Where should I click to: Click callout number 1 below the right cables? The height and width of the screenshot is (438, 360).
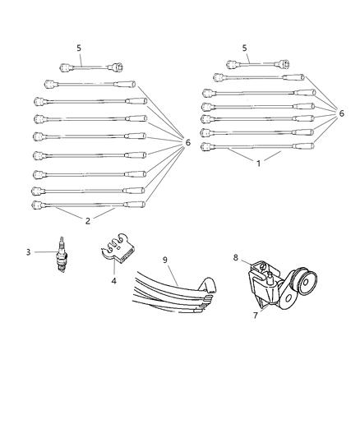[258, 164]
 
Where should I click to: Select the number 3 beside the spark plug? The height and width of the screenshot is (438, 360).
[28, 251]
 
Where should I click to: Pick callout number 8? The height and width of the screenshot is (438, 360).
[236, 257]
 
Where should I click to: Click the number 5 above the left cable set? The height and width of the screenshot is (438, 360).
[79, 48]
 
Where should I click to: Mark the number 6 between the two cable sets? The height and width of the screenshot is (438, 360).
[187, 143]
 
